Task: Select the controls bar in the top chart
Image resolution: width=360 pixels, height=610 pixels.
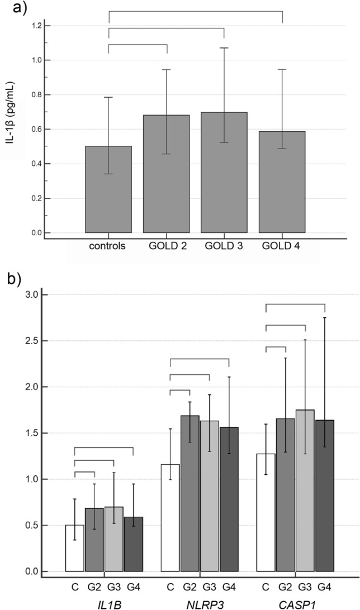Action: (x=108, y=189)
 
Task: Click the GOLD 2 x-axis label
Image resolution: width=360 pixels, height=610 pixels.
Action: (x=167, y=246)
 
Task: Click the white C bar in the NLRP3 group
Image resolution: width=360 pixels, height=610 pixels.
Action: (x=170, y=517)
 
